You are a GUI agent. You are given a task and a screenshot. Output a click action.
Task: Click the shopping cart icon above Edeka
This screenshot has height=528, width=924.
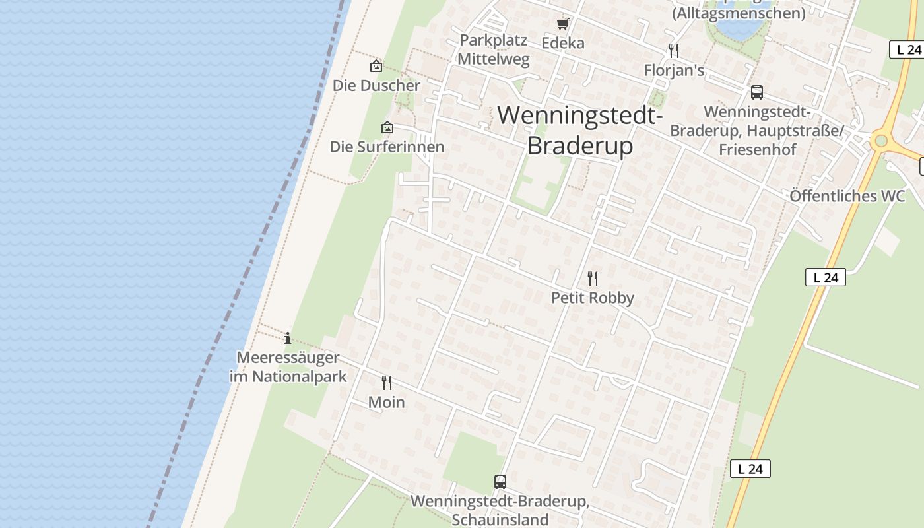tap(562, 24)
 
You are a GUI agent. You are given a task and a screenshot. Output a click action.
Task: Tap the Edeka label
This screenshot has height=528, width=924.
tap(562, 43)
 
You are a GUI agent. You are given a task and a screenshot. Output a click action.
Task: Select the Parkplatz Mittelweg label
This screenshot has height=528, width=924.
tap(494, 49)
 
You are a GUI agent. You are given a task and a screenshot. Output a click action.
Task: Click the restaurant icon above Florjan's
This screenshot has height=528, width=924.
tap(674, 51)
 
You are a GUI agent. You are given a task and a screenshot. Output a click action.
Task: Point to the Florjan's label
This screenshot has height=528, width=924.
tap(674, 70)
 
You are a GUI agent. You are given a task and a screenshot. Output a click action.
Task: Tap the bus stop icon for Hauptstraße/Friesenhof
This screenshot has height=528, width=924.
tap(756, 92)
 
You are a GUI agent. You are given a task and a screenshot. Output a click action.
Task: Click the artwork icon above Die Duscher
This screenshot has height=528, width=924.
tap(376, 66)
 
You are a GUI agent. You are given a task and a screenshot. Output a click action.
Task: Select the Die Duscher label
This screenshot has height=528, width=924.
tap(376, 85)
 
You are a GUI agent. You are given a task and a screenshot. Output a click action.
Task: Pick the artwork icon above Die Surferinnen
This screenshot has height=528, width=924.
tap(387, 127)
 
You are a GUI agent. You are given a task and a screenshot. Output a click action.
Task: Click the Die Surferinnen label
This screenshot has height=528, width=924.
tap(387, 147)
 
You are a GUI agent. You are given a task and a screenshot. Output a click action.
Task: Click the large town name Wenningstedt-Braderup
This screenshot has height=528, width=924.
tap(579, 130)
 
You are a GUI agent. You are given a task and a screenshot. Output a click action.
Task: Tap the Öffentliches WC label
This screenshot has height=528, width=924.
tap(847, 196)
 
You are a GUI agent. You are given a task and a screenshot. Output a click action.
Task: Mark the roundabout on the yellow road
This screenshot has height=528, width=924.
tap(880, 141)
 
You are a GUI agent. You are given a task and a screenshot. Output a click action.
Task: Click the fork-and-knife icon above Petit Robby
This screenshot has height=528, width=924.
tap(593, 279)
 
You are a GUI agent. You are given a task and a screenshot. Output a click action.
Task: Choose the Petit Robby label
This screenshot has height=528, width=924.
tap(593, 298)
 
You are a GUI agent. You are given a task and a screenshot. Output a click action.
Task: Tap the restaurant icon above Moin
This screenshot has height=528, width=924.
tap(387, 382)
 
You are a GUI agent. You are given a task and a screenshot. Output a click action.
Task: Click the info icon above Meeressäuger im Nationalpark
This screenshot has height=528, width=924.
tap(288, 339)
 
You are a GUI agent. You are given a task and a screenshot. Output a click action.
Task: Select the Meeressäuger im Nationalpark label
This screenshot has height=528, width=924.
tap(288, 367)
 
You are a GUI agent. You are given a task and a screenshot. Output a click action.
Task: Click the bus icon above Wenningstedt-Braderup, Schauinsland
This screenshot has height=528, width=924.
tap(500, 482)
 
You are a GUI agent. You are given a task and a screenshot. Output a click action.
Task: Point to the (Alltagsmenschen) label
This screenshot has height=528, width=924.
tap(739, 13)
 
